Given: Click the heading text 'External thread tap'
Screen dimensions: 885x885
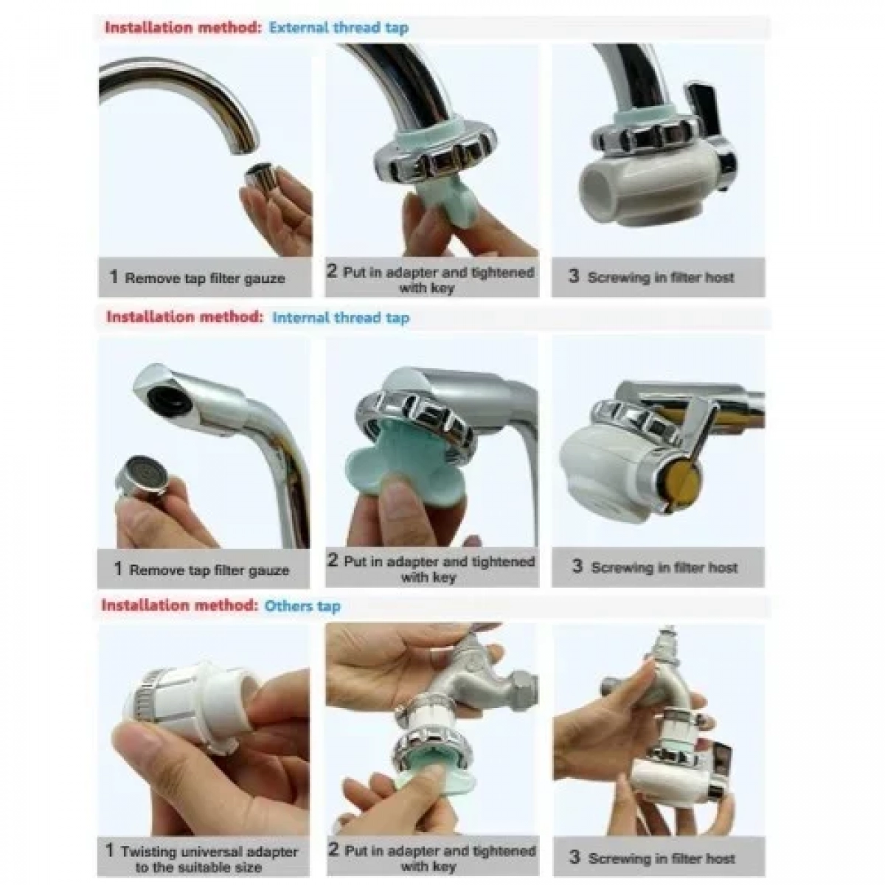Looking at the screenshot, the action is click(x=339, y=28).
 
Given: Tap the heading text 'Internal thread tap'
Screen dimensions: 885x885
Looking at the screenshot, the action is click(x=341, y=318).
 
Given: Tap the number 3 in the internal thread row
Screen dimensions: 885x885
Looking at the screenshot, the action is click(x=577, y=566).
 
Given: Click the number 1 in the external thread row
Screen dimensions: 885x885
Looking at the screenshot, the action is click(x=114, y=277).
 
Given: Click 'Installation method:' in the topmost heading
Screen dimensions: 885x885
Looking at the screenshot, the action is click(x=184, y=27).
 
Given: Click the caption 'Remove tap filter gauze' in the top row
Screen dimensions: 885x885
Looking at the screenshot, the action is click(x=205, y=278).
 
